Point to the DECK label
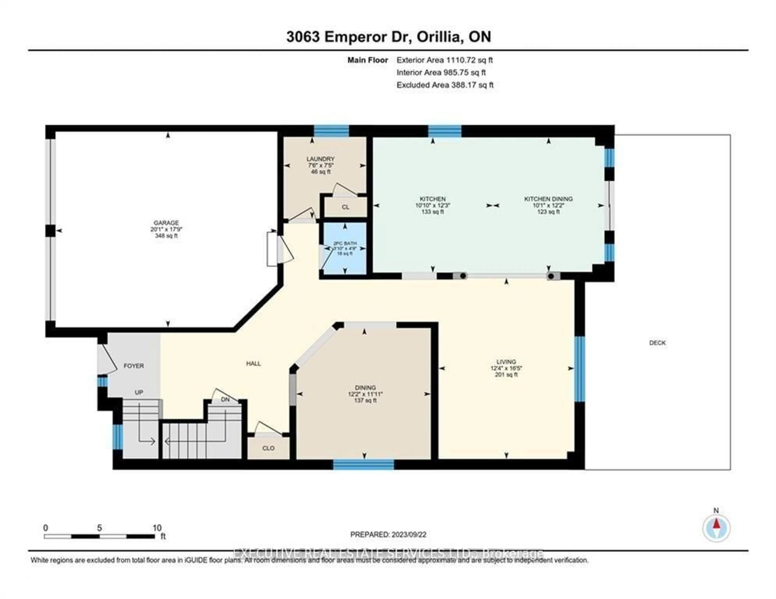coord(657,343)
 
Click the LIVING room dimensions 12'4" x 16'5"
coord(506,368)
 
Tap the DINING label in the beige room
coord(365,388)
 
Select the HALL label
coord(253,363)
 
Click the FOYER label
coord(134,366)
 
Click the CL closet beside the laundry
coord(345,207)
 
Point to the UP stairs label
coord(139,392)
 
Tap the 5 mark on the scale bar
coord(99,528)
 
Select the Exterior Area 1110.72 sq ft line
coord(445,60)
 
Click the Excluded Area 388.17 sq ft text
coord(445,85)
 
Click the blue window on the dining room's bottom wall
coord(364,464)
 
